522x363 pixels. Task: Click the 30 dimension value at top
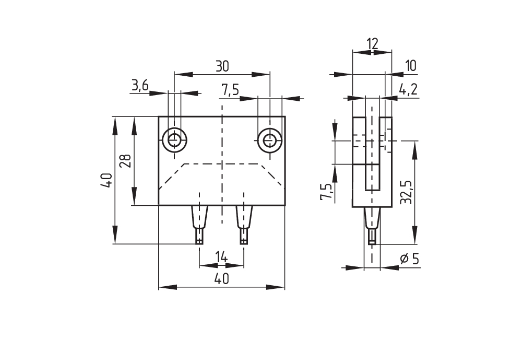222,66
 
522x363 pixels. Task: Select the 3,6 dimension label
140,86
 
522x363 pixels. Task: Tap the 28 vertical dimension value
127,161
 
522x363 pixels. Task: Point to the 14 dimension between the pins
221,257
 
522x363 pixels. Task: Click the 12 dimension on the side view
372,44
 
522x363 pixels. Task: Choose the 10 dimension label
411,66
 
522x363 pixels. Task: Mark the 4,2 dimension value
408,90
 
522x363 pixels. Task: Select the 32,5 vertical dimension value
407,193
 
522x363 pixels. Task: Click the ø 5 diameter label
409,259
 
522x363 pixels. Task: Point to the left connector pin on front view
199,225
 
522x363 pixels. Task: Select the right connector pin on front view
244,225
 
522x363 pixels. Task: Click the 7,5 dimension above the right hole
230,90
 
